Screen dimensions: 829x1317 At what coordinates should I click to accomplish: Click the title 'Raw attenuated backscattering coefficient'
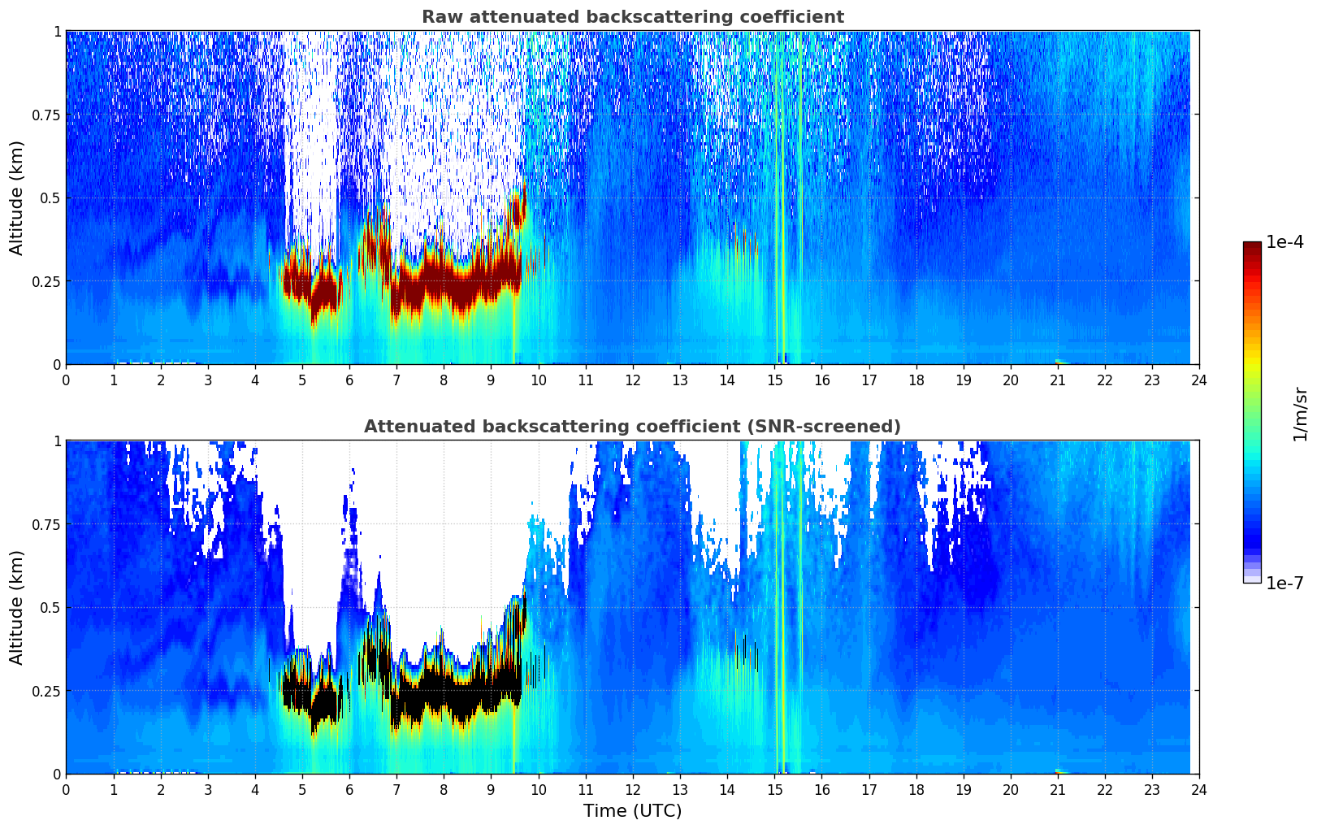click(632, 17)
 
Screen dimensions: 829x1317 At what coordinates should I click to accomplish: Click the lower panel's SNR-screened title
click(632, 427)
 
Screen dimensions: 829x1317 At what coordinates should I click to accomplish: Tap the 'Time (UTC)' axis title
click(632, 811)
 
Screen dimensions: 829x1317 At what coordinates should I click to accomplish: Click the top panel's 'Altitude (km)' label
click(17, 197)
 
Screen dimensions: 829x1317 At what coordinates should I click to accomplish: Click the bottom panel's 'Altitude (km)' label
click(17, 607)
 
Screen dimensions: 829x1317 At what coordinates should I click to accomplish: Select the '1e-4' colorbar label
click(1285, 242)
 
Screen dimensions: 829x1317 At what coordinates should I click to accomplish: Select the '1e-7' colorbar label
click(1285, 583)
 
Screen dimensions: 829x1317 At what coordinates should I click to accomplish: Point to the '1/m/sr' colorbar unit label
click(1300, 414)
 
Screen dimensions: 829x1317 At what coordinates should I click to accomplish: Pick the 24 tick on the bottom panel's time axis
click(1199, 789)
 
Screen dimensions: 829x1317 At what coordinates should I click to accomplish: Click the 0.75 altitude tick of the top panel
click(47, 115)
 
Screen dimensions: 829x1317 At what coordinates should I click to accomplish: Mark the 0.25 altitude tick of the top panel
click(47, 281)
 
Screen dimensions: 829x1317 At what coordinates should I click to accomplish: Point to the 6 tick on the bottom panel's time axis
click(349, 789)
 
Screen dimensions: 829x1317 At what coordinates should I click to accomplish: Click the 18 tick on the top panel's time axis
click(916, 380)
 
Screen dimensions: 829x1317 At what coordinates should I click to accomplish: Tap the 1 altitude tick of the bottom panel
click(57, 441)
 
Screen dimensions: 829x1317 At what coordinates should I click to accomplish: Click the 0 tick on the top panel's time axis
click(66, 380)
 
